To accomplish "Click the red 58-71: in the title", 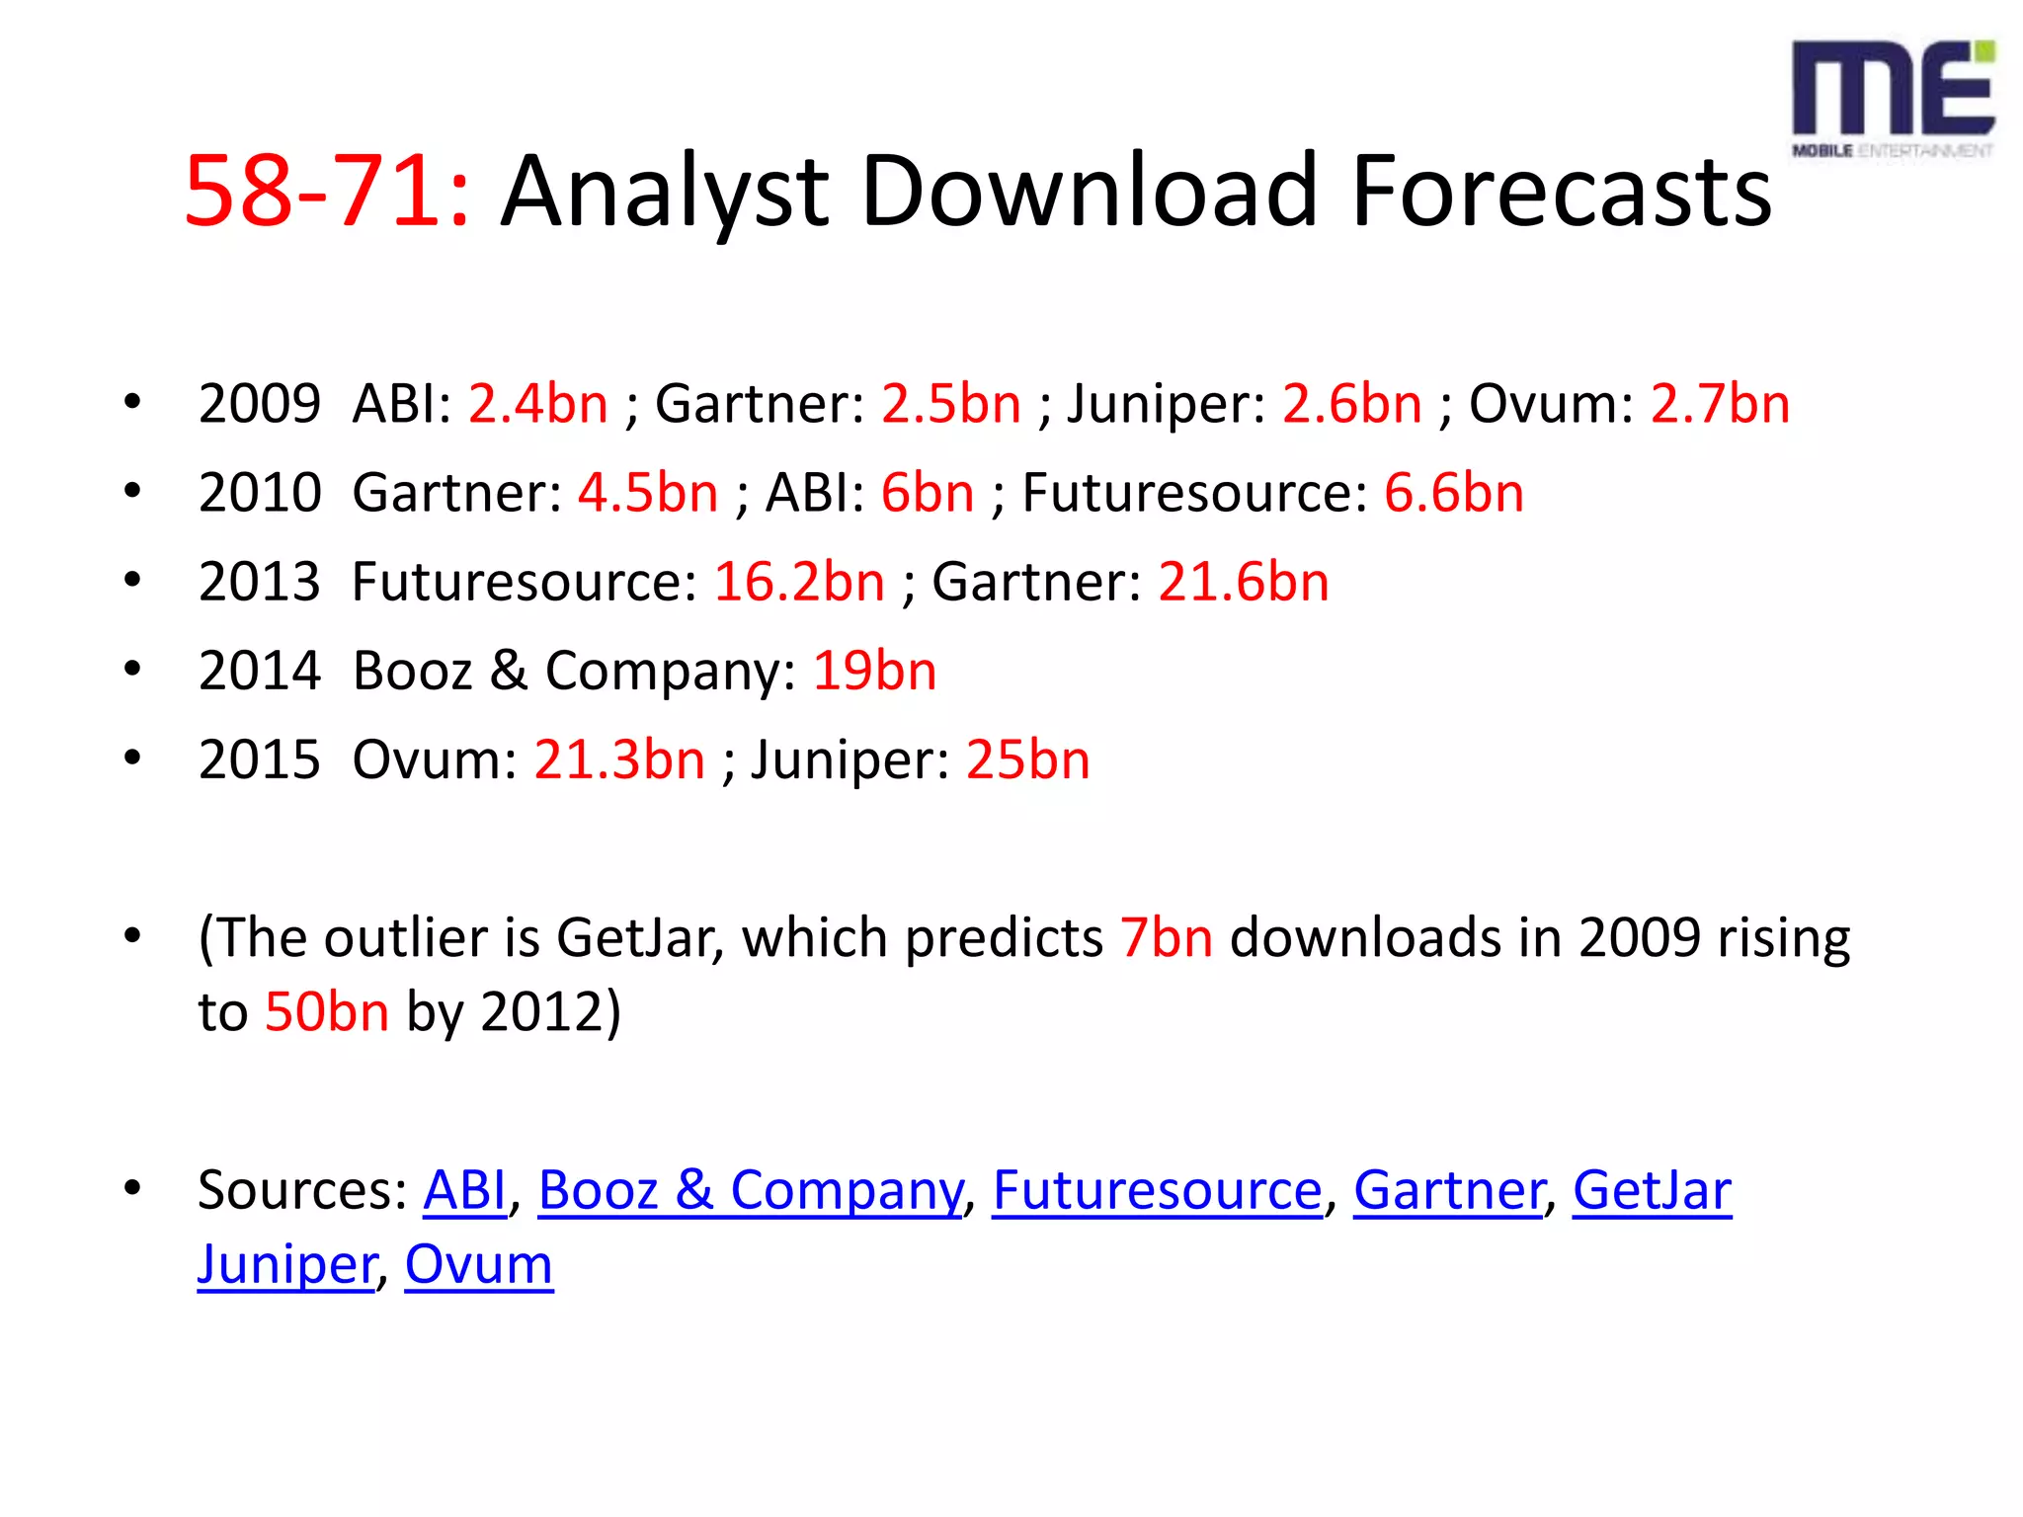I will coord(327,191).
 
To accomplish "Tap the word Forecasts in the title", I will coord(1562,191).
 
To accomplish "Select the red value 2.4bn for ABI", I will coord(537,404).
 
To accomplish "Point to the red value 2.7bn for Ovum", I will coord(1720,404).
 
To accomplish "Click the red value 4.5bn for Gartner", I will coord(647,493).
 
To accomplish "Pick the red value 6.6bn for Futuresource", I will coord(1453,493).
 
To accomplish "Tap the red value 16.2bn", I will coord(798,582).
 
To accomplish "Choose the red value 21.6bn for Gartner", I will coord(1243,582).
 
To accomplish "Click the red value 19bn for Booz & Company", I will coord(874,672).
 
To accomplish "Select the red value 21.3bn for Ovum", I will coord(619,760).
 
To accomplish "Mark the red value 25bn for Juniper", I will coord(1027,760).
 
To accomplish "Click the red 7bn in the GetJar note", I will coord(1166,938).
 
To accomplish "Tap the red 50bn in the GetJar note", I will coord(327,1012).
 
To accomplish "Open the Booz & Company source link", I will coord(750,1190).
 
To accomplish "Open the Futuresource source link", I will coord(1157,1190).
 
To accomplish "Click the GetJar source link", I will coord(1652,1190).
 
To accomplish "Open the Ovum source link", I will coord(479,1265).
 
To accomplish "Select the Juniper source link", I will coord(286,1265).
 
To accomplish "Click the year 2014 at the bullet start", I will coord(260,672).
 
